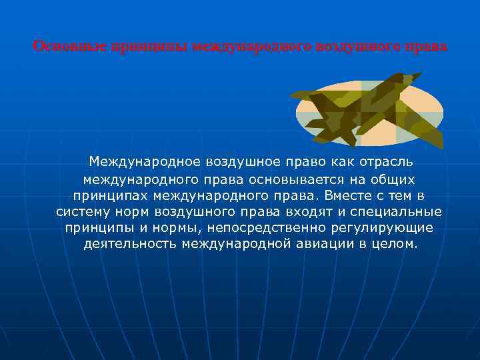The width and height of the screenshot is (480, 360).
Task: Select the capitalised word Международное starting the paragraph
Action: point(145,162)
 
